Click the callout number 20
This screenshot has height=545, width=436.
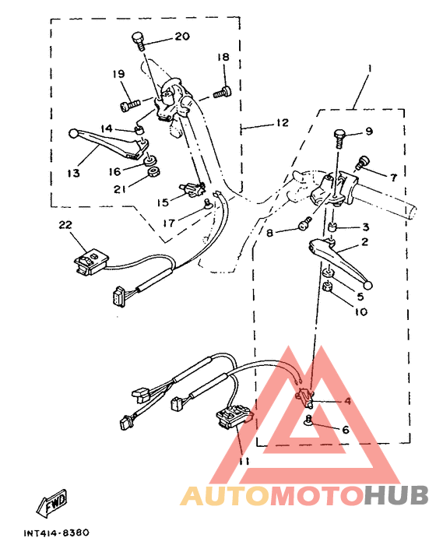(x=181, y=37)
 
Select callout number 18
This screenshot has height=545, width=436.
(x=223, y=58)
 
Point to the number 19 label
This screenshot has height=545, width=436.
(x=118, y=74)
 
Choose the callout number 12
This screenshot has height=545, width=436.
(x=281, y=122)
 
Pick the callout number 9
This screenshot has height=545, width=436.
(x=369, y=131)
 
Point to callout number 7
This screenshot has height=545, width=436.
(x=393, y=178)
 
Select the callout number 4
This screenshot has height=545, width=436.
(x=347, y=401)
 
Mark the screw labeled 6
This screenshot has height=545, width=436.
(x=308, y=420)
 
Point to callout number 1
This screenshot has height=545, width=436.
(x=370, y=69)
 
